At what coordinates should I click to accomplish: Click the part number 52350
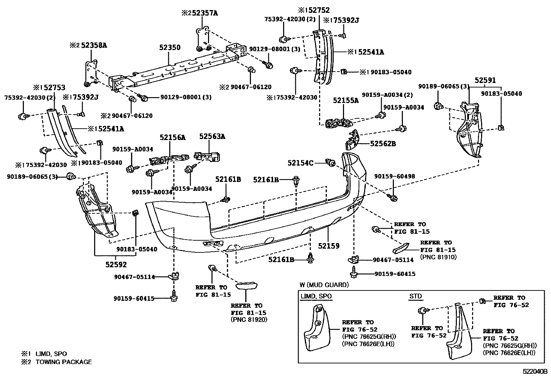point(170,47)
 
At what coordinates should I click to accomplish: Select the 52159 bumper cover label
point(329,246)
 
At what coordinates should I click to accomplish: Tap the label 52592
point(116,265)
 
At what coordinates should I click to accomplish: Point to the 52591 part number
point(485,80)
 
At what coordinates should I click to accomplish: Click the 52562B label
point(383,144)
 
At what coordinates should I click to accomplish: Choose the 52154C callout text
point(300,163)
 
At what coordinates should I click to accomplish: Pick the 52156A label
point(172,137)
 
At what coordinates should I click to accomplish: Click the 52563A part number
point(212,137)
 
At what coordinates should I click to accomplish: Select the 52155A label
point(346,100)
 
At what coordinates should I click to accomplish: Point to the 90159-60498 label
point(395,176)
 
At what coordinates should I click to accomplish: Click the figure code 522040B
point(535,372)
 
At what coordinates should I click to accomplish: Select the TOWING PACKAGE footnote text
point(64,362)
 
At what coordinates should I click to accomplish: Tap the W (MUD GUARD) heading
point(324,285)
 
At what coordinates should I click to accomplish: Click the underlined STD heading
point(415,296)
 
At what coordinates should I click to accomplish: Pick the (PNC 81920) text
point(249,319)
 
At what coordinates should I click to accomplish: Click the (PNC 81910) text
point(438,257)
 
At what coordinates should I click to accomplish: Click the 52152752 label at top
point(314,10)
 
